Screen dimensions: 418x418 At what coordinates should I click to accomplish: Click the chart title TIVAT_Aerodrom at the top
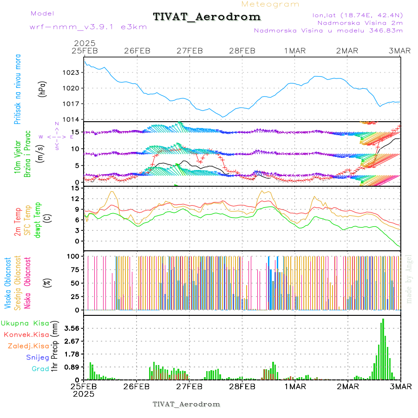207,17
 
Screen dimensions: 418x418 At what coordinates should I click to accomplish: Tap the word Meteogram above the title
271,4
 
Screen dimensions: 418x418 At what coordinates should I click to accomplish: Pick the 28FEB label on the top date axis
242,51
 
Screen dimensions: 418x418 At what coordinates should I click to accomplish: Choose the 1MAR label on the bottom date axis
295,386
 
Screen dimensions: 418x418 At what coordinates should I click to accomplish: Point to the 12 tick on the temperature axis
75,199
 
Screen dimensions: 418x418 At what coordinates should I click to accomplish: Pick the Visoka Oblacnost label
8,283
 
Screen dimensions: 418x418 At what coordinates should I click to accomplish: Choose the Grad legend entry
40,369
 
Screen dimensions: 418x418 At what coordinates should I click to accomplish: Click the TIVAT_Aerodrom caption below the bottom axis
186,404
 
